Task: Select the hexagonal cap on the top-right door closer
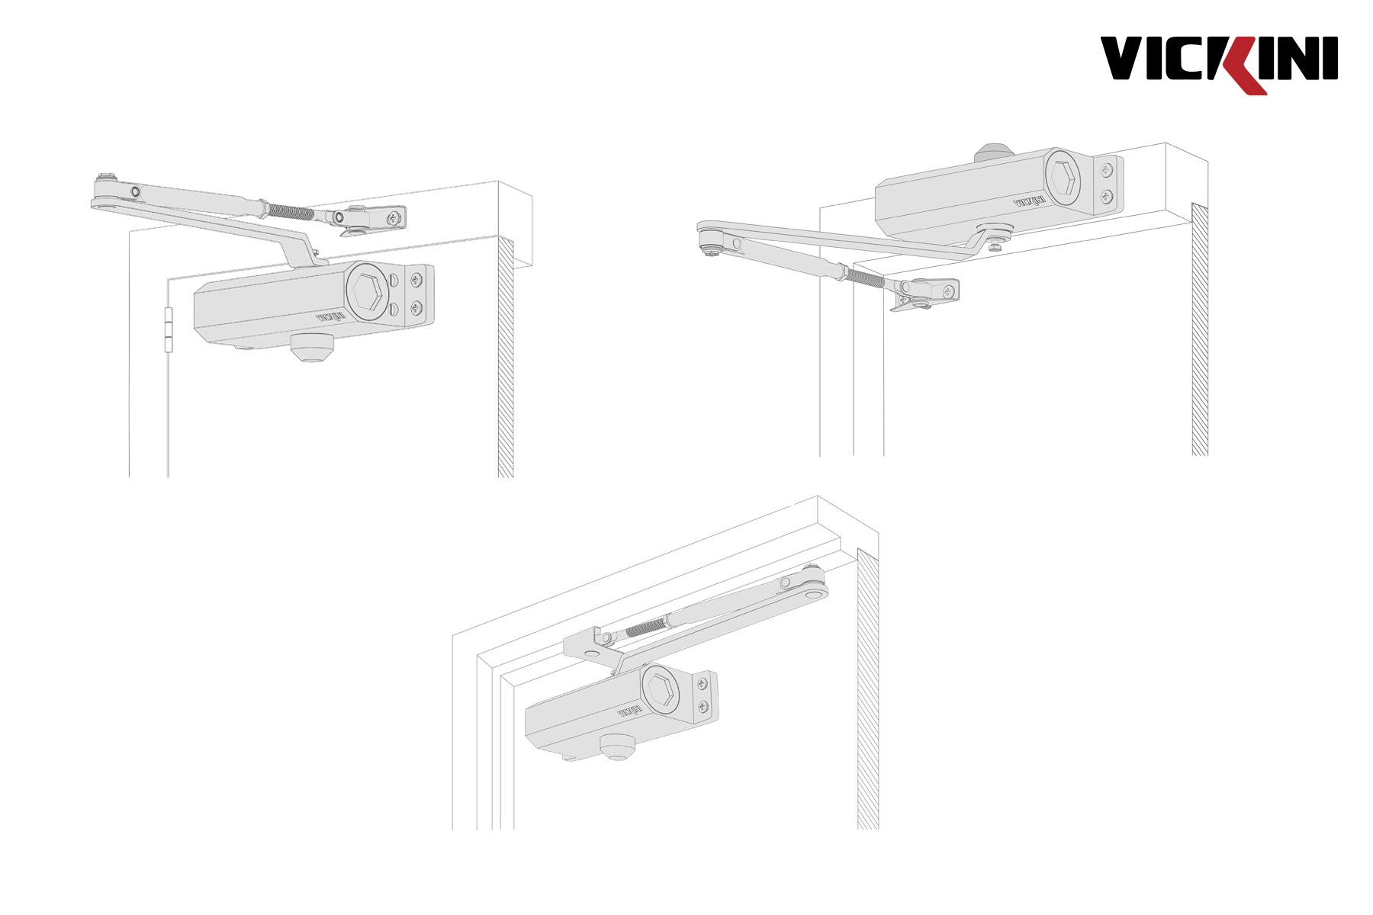click(x=1062, y=177)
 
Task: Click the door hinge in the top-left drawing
click(x=169, y=330)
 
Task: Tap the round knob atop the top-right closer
click(x=994, y=152)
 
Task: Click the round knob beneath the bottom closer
click(x=617, y=746)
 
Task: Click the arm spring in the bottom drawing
click(x=645, y=628)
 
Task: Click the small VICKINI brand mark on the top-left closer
click(x=330, y=316)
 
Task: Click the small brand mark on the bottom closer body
click(x=629, y=711)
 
